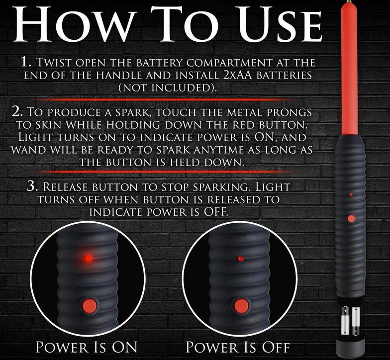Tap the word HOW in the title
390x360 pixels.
tap(72, 24)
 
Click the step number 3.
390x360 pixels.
tap(32, 186)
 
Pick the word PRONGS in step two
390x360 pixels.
tap(289, 112)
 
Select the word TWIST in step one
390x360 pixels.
tap(53, 62)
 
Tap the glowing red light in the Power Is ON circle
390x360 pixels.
tap(88, 259)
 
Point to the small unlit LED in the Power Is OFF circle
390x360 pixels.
tap(240, 259)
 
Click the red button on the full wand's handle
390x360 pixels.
tap(351, 219)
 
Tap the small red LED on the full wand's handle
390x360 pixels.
tap(351, 195)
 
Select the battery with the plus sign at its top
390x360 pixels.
tap(345, 321)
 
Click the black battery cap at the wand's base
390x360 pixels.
tap(350, 347)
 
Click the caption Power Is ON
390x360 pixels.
tap(87, 347)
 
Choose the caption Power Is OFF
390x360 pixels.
tap(238, 347)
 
